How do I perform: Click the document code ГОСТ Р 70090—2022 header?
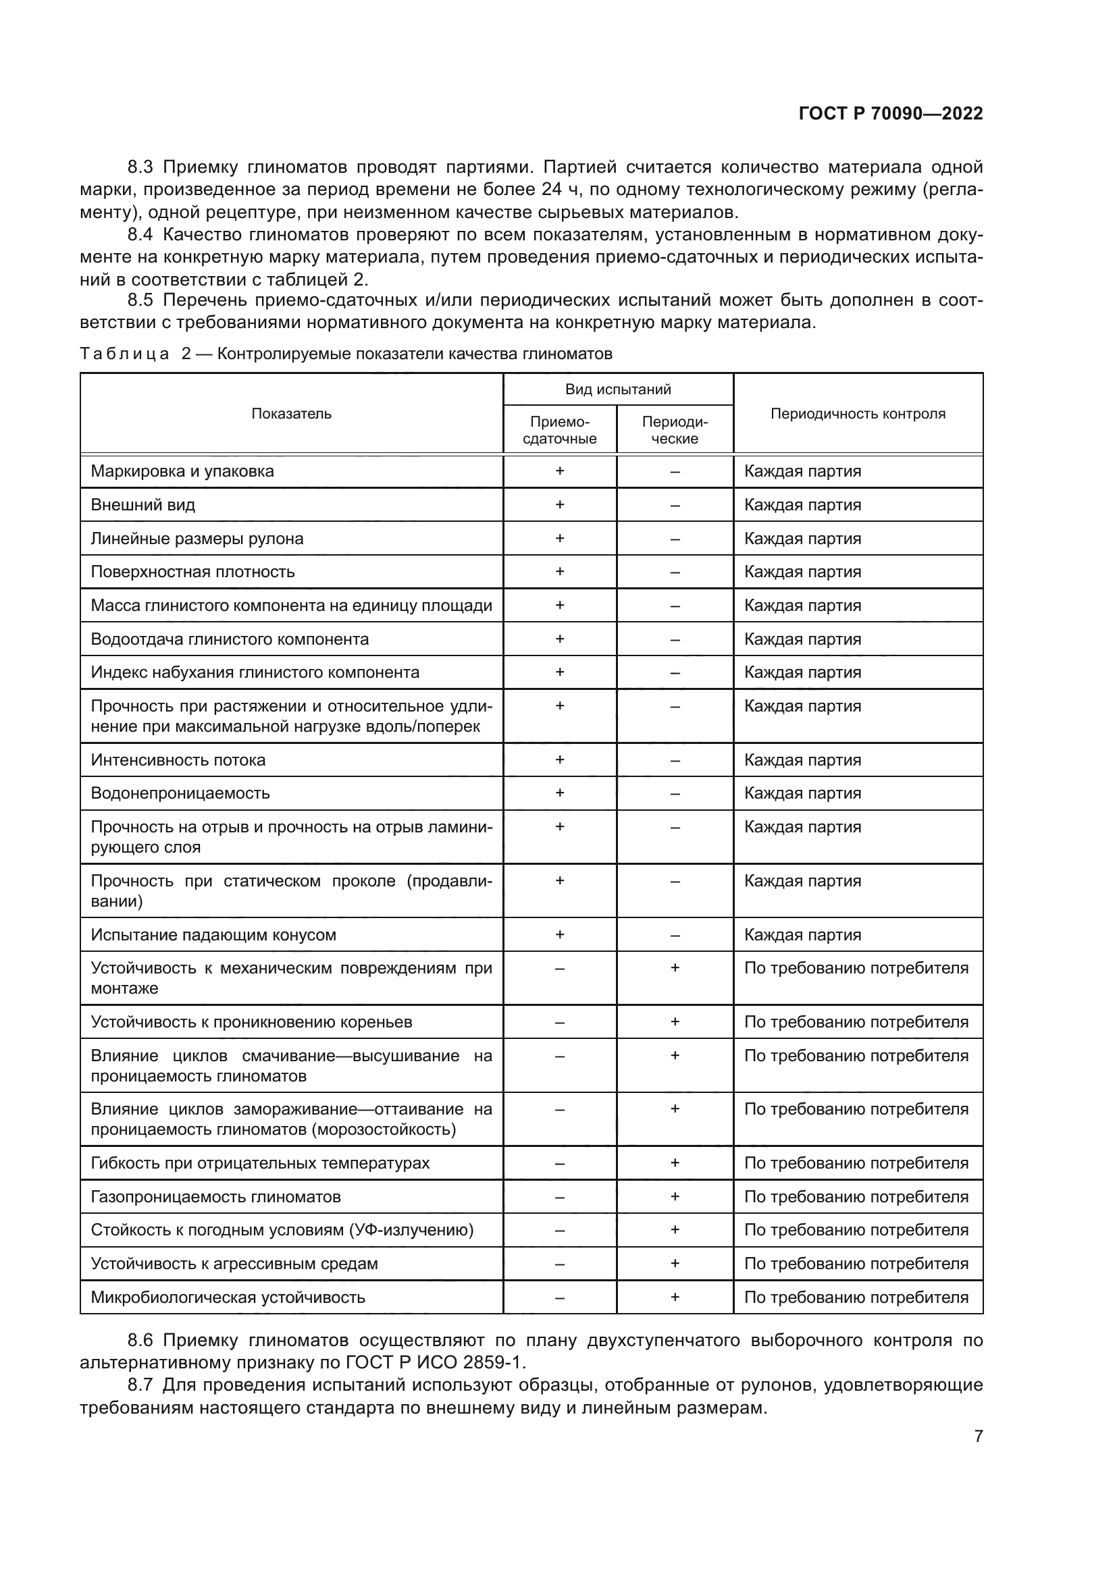pyautogui.click(x=891, y=113)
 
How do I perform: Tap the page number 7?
pyautogui.click(x=978, y=1436)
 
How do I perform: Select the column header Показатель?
pyautogui.click(x=291, y=413)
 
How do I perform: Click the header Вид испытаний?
pyautogui.click(x=618, y=390)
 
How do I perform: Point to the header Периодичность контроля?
pyautogui.click(x=858, y=413)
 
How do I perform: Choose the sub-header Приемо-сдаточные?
pyautogui.click(x=559, y=430)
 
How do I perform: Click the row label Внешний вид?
pyautogui.click(x=143, y=505)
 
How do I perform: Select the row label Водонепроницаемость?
pyautogui.click(x=180, y=793)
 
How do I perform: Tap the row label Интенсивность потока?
pyautogui.click(x=178, y=760)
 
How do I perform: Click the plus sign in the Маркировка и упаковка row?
pyautogui.click(x=559, y=471)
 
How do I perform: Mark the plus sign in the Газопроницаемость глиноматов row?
pyautogui.click(x=675, y=1197)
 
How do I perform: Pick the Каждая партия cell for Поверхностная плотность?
pyautogui.click(x=803, y=572)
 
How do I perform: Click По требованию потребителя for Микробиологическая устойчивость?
pyautogui.click(x=856, y=1297)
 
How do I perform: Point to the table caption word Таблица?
pyautogui.click(x=124, y=354)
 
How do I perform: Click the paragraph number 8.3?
pyautogui.click(x=140, y=167)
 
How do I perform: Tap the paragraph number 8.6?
pyautogui.click(x=140, y=1339)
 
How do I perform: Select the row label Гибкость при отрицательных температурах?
pyautogui.click(x=260, y=1163)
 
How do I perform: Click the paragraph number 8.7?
pyautogui.click(x=140, y=1385)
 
